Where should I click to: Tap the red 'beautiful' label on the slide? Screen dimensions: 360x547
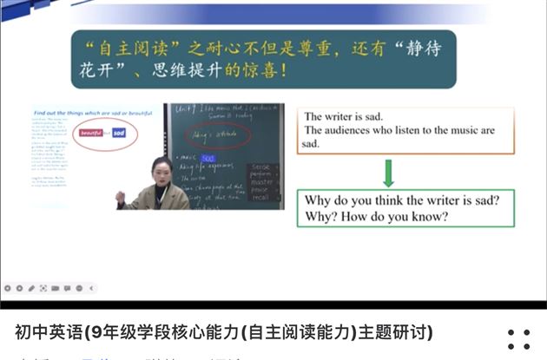[x=91, y=133]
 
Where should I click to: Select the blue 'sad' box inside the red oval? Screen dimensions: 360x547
[x=120, y=133]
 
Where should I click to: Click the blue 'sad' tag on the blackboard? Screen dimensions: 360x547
[x=208, y=159]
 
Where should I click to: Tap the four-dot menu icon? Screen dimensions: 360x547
[x=518, y=339]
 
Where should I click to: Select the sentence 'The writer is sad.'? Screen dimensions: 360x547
[x=343, y=116]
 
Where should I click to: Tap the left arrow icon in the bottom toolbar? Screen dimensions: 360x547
[x=92, y=287]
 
